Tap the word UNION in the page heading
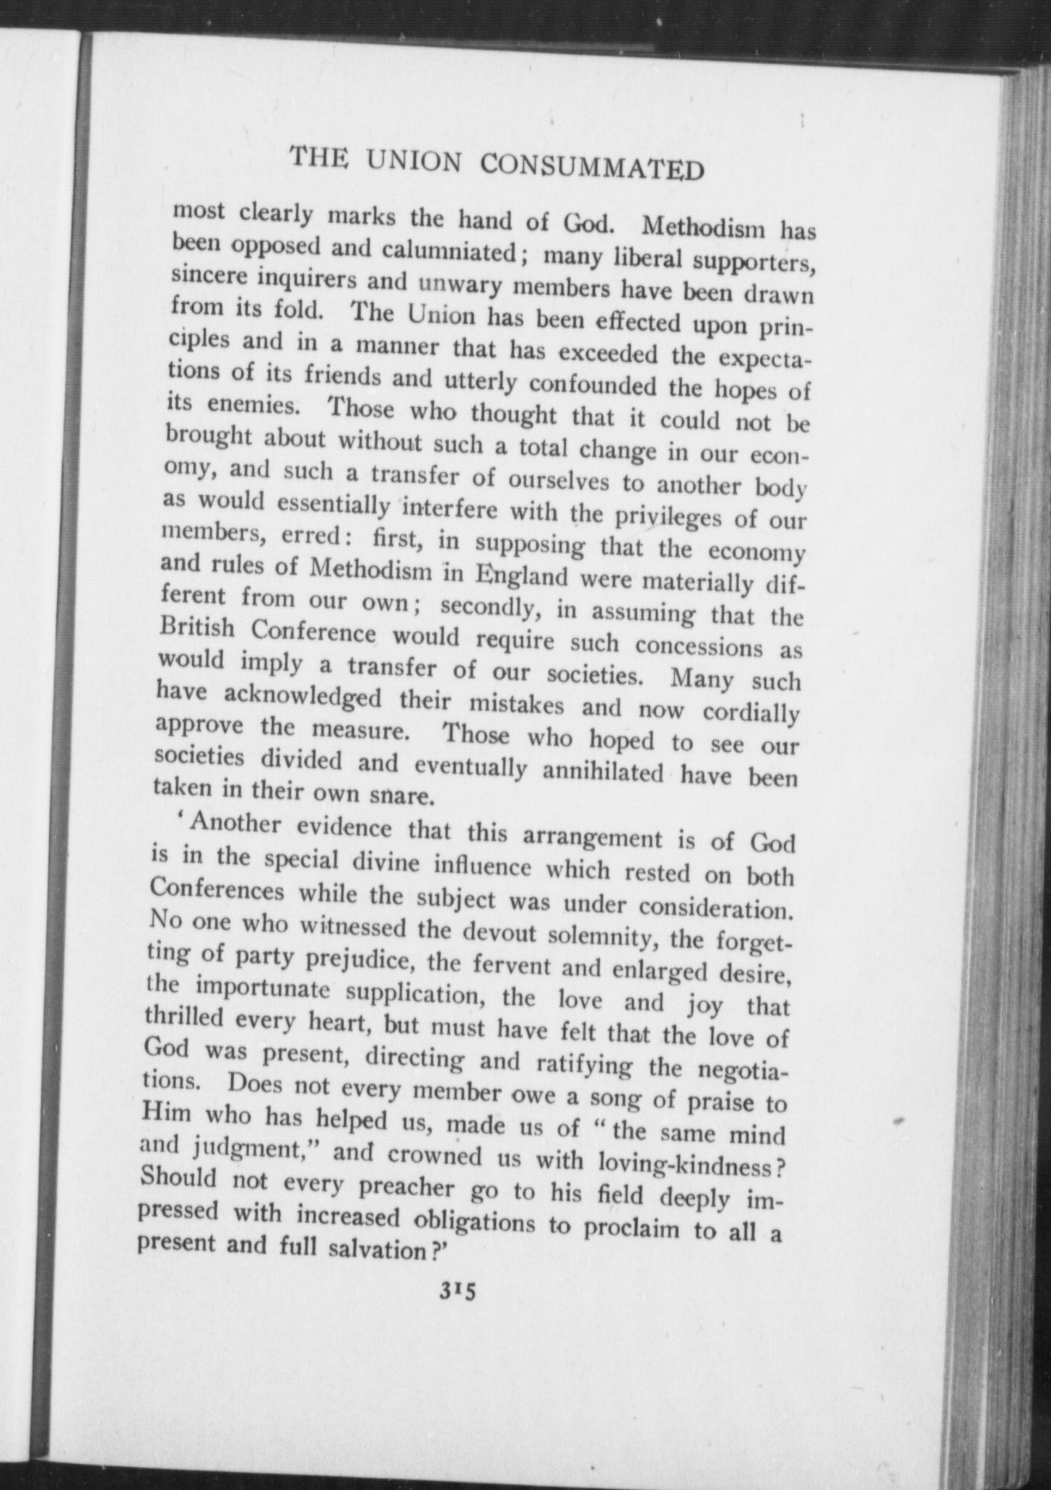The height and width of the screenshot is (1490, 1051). [413, 160]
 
